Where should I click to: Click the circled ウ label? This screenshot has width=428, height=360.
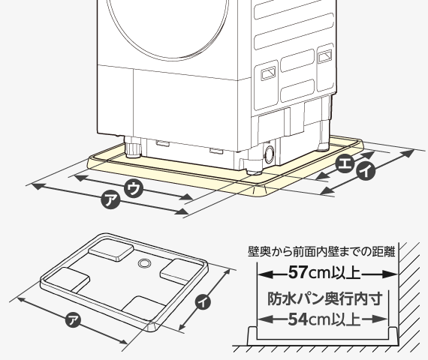pos(134,188)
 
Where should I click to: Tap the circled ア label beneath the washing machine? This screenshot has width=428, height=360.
pos(110,199)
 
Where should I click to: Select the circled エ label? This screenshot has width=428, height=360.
pos(345,163)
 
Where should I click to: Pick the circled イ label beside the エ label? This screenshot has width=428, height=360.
pos(366,171)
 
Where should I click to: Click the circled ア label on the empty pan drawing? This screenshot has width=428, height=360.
pos(73,320)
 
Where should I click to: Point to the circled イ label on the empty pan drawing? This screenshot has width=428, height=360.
pos(203,301)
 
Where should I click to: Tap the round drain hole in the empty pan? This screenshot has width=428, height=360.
pos(144,263)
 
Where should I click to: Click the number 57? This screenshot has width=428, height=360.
pos(298,272)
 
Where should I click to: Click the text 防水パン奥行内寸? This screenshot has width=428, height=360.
pos(324,298)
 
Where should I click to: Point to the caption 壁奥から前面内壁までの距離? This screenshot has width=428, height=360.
pos(321,251)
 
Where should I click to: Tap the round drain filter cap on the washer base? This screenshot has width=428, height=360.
pos(269,154)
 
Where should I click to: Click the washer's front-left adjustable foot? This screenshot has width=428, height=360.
pos(133,148)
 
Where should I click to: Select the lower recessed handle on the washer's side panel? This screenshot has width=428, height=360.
pos(268,73)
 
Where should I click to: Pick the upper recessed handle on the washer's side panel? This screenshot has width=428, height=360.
pos(325,56)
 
